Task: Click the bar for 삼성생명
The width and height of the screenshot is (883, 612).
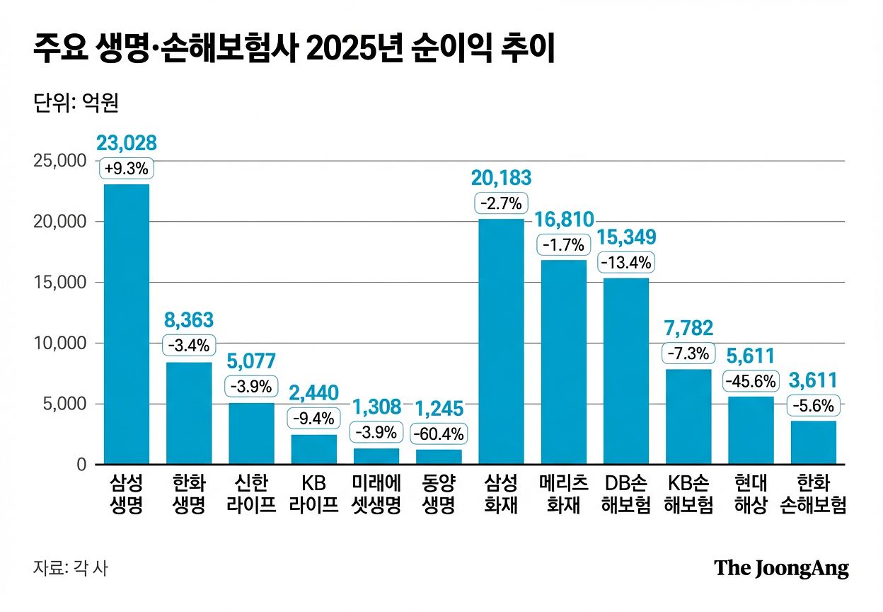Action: click(127, 324)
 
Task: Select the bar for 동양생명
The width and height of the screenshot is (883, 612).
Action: click(439, 457)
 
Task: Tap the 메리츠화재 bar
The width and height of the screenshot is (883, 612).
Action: click(564, 361)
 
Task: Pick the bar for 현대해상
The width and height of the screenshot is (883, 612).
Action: click(751, 430)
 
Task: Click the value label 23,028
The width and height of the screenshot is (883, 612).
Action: click(127, 143)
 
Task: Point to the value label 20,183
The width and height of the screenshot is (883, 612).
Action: click(502, 178)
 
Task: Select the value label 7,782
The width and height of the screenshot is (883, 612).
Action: click(688, 328)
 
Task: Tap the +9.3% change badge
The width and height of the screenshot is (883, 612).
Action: click(127, 169)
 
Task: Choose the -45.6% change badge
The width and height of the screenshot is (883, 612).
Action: click(751, 381)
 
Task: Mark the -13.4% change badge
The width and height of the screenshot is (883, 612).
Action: click(626, 263)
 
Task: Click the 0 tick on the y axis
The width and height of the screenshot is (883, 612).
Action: click(81, 465)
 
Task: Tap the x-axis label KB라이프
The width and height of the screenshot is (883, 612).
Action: click(313, 494)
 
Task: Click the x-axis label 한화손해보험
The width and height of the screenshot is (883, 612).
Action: click(813, 494)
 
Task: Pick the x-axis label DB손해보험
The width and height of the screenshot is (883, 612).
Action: click(626, 494)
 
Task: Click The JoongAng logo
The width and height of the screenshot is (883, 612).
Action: click(781, 568)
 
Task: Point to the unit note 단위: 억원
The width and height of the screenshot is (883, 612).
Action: click(76, 103)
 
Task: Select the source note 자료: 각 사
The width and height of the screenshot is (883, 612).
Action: click(71, 568)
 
